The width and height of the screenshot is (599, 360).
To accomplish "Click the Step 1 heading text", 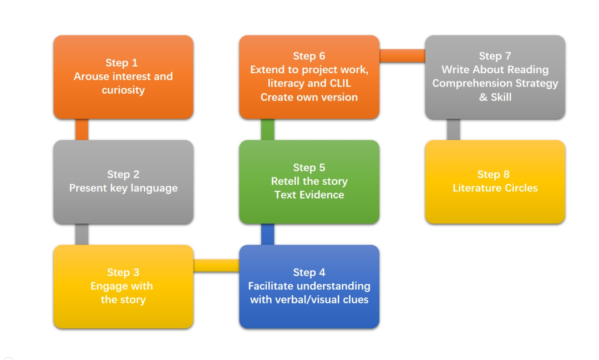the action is (121, 63).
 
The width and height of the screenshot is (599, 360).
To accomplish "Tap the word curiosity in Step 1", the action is (123, 90).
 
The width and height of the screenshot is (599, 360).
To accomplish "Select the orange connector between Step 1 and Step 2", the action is (82, 130).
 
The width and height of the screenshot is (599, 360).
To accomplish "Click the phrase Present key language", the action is (123, 188).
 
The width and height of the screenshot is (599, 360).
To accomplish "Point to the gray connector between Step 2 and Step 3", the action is (82, 234).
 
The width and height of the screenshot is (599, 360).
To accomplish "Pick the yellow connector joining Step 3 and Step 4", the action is (216, 266).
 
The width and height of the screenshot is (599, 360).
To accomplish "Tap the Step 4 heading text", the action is (309, 272).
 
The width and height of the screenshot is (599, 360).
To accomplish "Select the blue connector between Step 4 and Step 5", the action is (267, 234).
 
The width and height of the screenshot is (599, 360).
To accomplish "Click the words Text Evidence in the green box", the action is (309, 195).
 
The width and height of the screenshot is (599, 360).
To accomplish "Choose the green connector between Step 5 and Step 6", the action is (267, 130).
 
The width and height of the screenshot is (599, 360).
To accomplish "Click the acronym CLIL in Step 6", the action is (340, 83).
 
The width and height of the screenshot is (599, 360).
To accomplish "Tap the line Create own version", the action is (309, 97).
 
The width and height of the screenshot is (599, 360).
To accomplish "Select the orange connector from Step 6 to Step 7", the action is (402, 56).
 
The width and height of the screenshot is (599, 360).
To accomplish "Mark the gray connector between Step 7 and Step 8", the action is (454, 130).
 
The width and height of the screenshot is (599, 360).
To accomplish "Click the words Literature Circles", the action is (495, 188).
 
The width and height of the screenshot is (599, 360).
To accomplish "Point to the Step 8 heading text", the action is (494, 174).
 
